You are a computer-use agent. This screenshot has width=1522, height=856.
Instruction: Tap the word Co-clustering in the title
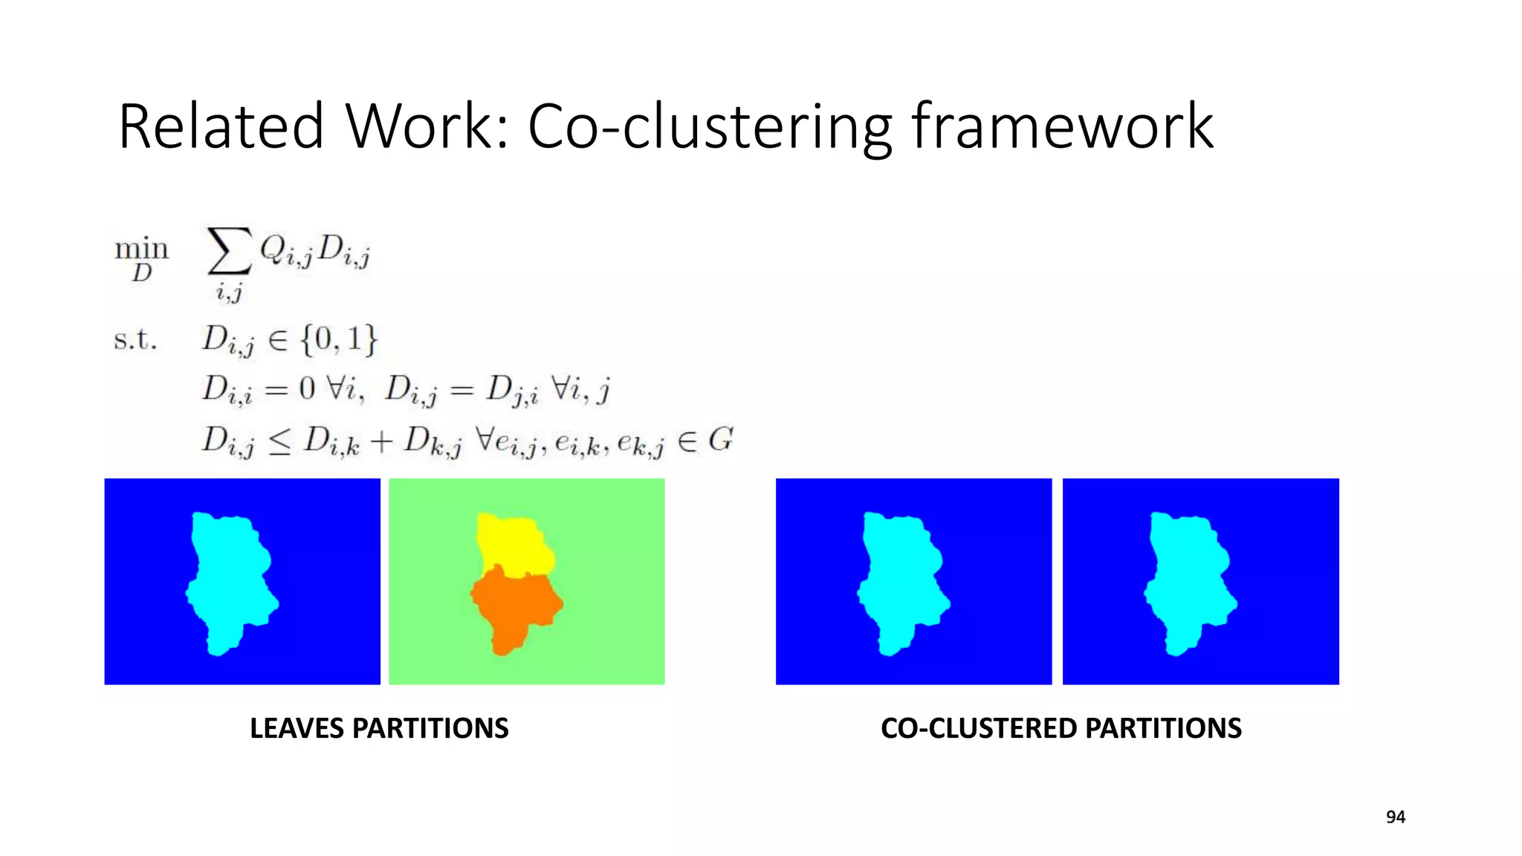[709, 128]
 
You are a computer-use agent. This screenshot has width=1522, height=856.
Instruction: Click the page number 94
[1395, 817]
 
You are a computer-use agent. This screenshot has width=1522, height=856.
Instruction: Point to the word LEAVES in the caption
[296, 728]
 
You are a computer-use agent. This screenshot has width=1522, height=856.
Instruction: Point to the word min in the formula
[141, 248]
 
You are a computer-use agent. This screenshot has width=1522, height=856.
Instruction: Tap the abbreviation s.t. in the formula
[135, 340]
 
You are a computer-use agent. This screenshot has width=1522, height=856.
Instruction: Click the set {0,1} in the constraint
[339, 340]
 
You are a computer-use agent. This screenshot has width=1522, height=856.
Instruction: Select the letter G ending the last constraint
[720, 440]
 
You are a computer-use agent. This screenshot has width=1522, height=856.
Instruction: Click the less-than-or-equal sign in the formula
[279, 443]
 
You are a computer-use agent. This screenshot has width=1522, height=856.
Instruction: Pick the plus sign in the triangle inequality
[381, 441]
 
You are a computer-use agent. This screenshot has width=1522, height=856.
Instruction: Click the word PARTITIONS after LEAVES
[430, 728]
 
